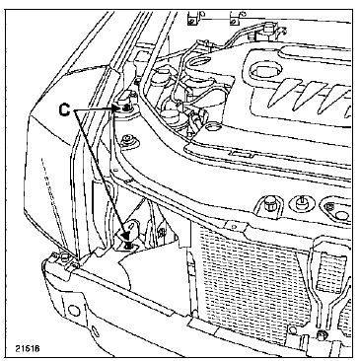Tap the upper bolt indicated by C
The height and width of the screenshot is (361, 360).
click(x=128, y=106)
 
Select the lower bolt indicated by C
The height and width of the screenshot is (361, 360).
click(x=129, y=244)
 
